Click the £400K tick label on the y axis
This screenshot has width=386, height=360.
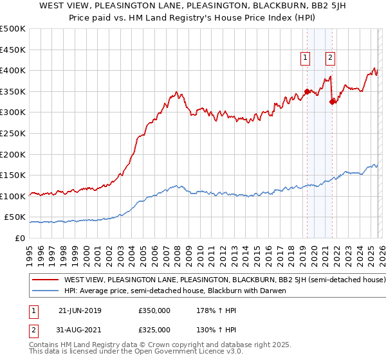[13, 70]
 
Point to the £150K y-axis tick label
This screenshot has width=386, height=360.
[13, 175]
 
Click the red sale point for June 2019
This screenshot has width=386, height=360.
[307, 91]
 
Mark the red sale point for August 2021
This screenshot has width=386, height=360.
[332, 102]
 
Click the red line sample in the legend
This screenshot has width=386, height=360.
[45, 280]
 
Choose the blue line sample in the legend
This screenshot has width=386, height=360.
[45, 291]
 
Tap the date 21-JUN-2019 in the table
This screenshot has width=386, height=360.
[80, 310]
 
